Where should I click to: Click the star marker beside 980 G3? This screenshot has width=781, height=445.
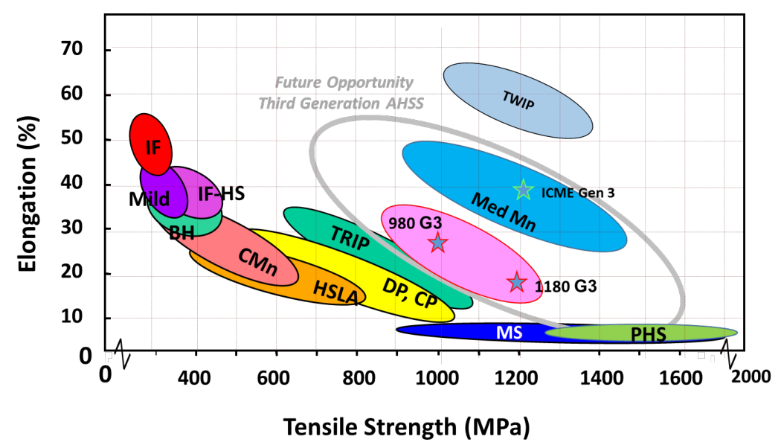tap(438, 243)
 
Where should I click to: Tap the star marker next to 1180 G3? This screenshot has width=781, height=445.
tap(517, 283)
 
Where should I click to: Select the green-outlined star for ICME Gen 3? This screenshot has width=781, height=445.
tap(524, 190)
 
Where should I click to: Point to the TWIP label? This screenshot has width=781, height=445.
tap(518, 101)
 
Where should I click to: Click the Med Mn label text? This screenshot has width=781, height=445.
tap(504, 212)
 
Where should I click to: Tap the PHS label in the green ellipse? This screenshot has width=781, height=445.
tap(649, 335)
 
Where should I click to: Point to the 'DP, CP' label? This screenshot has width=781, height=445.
tap(410, 292)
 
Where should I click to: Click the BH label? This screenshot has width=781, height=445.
tap(181, 232)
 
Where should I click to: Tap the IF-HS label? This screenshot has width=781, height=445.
tap(221, 194)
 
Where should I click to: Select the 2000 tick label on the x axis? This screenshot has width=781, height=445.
tap(750, 377)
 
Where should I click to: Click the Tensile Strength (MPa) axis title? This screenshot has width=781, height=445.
tap(405, 426)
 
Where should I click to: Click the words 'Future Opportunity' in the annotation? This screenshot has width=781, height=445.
tap(344, 83)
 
